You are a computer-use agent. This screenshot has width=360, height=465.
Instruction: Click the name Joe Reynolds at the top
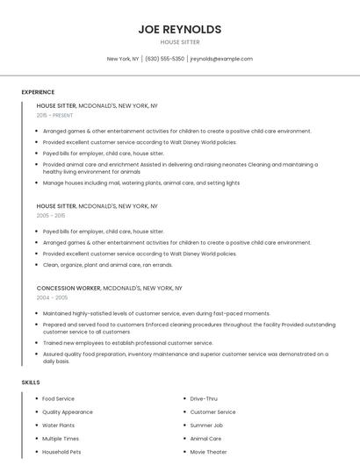(180, 29)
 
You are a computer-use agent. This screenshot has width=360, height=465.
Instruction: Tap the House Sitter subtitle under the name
(180, 42)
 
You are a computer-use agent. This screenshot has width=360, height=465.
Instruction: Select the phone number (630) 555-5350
(165, 59)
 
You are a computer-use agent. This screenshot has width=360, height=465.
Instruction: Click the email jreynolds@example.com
(221, 59)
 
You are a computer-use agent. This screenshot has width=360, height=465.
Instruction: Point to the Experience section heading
(38, 92)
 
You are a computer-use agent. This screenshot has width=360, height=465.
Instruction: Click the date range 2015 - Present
(55, 115)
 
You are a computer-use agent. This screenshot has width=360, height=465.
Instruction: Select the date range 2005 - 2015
(51, 215)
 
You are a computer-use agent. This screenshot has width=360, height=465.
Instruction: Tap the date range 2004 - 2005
(51, 297)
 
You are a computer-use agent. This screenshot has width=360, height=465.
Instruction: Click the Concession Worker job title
(68, 288)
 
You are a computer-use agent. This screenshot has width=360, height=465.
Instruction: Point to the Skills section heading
(31, 383)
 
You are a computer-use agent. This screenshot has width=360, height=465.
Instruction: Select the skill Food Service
(59, 399)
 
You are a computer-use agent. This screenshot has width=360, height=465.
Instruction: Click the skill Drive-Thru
(204, 399)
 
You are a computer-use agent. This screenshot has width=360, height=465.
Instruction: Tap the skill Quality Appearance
(68, 412)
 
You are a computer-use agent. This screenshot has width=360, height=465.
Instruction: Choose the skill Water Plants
(59, 426)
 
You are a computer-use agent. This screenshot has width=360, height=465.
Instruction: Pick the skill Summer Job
(206, 426)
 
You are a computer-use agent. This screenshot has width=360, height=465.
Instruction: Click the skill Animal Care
(205, 439)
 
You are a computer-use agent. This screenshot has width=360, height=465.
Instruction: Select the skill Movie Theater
(208, 452)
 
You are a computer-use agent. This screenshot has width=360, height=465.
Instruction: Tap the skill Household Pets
(61, 452)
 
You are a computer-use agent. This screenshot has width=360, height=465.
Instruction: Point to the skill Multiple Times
(61, 439)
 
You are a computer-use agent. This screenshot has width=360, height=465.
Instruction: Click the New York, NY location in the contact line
(123, 59)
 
